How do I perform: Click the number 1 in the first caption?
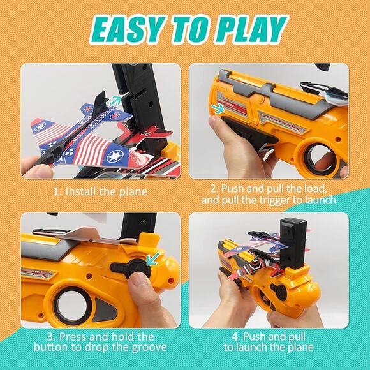(x=57, y=191)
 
